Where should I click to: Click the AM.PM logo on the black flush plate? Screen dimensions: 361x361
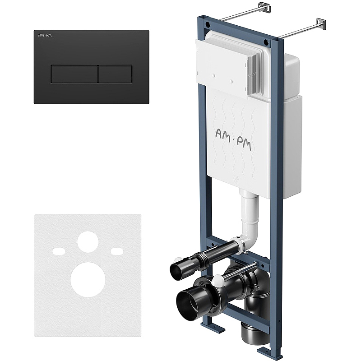click(x=45, y=35)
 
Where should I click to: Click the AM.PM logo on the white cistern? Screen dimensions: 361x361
click(x=233, y=139)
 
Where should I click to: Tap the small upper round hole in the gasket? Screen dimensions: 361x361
click(x=88, y=242)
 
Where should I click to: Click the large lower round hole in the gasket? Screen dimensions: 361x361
click(x=88, y=279)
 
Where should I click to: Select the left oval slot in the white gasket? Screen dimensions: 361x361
click(x=59, y=251)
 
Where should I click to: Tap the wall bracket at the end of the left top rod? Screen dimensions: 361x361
click(x=264, y=7)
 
